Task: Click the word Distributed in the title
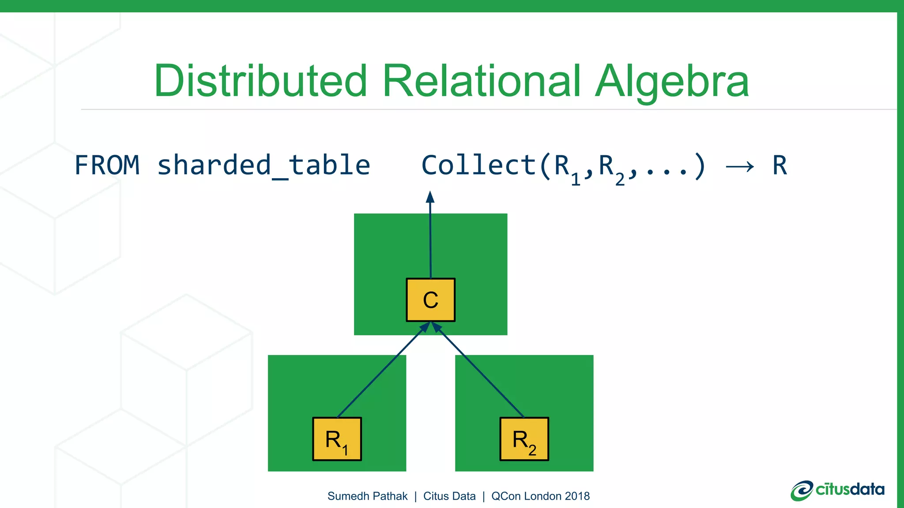coord(260,81)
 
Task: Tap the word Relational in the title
coord(482,81)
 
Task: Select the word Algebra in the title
coord(672,81)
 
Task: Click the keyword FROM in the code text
coord(107,165)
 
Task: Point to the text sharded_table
coord(264,165)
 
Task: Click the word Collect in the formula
coord(479,165)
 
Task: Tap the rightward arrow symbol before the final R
coord(740,167)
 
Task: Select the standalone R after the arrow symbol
coord(780,165)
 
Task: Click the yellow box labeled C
coord(430,300)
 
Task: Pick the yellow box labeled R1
coord(337,439)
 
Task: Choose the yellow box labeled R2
coord(524,439)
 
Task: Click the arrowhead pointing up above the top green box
coord(430,197)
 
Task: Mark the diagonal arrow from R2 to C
coord(479,370)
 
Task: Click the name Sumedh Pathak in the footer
coord(367,496)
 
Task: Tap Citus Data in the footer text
coord(449,496)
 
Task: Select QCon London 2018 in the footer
coord(540,496)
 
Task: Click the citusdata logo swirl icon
coord(802,490)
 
